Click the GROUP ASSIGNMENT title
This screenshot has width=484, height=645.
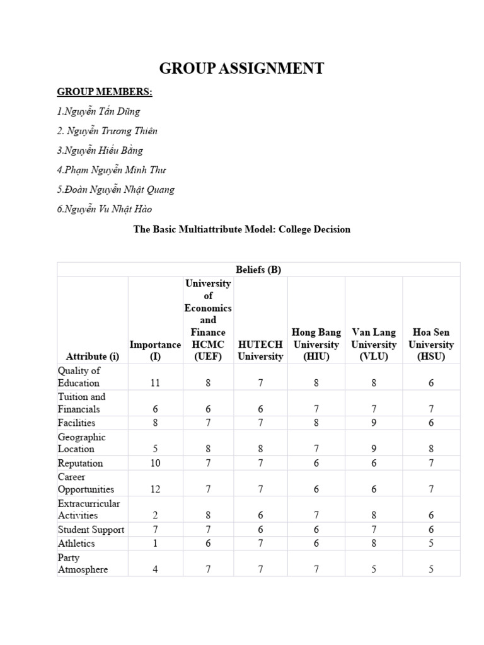(241, 68)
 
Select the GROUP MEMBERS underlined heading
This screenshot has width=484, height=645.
(105, 92)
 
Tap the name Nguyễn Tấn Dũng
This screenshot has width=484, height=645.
(98, 112)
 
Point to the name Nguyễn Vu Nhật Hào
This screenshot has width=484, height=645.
(104, 209)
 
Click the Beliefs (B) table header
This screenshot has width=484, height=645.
(258, 270)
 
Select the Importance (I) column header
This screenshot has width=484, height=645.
(155, 350)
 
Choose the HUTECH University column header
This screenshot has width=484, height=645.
(260, 350)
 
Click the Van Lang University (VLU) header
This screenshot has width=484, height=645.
(374, 344)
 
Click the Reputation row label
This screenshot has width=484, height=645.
(80, 463)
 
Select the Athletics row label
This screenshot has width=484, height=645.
(76, 543)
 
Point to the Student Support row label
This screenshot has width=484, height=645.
(91, 529)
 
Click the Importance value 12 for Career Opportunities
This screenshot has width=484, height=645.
(155, 489)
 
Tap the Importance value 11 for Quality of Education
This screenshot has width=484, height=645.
(155, 383)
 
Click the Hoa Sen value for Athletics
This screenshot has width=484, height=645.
(430, 543)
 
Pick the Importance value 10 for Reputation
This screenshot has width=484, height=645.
(155, 463)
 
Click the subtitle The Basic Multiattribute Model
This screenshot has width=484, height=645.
(241, 229)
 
